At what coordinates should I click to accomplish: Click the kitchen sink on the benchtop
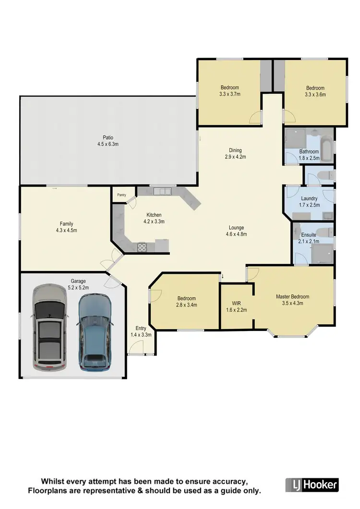pyautogui.click(x=163, y=191)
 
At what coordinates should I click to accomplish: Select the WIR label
pyautogui.click(x=236, y=303)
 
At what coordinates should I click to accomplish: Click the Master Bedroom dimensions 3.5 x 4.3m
pyautogui.click(x=293, y=304)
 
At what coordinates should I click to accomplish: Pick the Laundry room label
pyautogui.click(x=309, y=199)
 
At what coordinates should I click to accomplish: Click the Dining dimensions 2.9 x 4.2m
pyautogui.click(x=235, y=157)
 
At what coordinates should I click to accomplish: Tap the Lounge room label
pyautogui.click(x=236, y=228)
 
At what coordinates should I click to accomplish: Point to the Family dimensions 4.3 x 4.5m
pyautogui.click(x=67, y=231)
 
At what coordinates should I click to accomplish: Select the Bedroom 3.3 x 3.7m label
pyautogui.click(x=230, y=87)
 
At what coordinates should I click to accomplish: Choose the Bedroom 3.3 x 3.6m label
pyautogui.click(x=315, y=88)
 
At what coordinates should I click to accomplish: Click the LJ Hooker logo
pyautogui.click(x=312, y=485)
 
